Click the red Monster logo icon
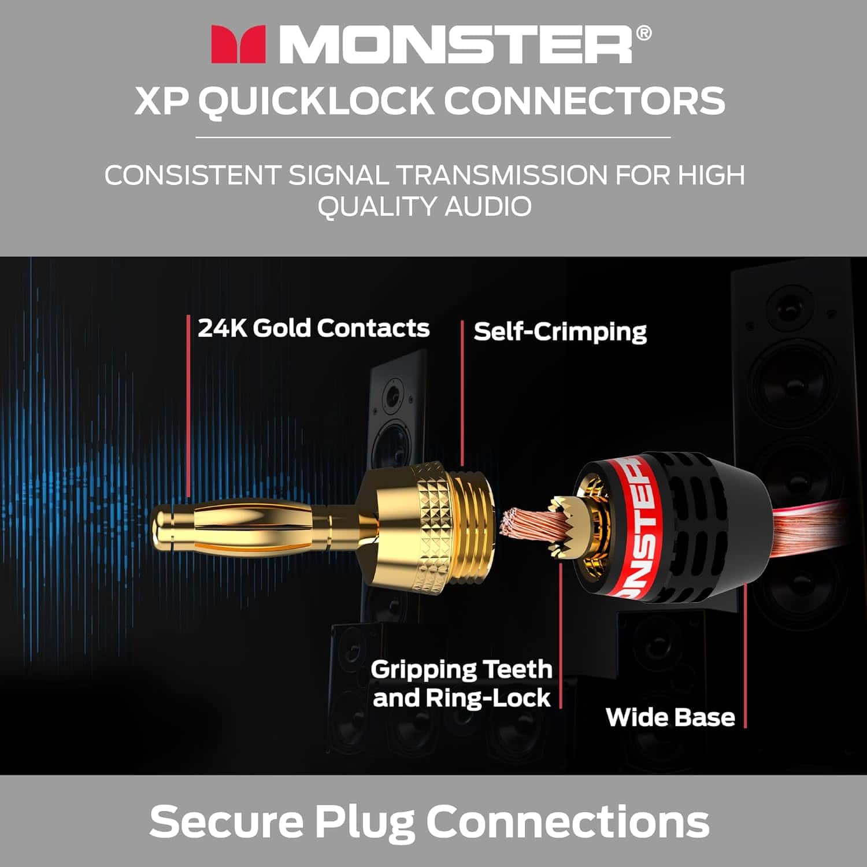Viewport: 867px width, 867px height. (x=238, y=44)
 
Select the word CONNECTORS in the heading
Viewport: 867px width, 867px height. (x=584, y=101)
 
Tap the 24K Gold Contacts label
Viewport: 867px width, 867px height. (x=313, y=328)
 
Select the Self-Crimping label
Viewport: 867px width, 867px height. (x=560, y=332)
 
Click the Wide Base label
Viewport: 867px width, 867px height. (x=670, y=717)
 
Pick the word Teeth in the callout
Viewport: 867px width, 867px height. (x=517, y=669)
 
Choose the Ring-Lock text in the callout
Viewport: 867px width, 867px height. (x=488, y=698)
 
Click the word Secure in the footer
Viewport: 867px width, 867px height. (x=226, y=821)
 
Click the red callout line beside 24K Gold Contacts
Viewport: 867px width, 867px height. (x=188, y=405)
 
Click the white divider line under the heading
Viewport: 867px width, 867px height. (x=433, y=138)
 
